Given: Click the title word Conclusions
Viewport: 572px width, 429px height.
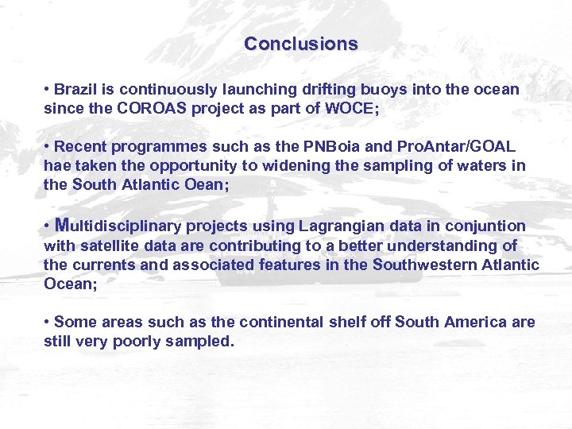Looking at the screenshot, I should [301, 44].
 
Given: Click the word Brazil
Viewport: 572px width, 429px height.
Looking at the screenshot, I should [76, 90].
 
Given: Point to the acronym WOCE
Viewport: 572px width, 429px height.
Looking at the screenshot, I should [350, 109].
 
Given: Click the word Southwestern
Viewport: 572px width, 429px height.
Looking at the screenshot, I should [424, 265].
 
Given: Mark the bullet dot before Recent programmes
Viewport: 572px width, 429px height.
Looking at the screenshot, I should [48, 147].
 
